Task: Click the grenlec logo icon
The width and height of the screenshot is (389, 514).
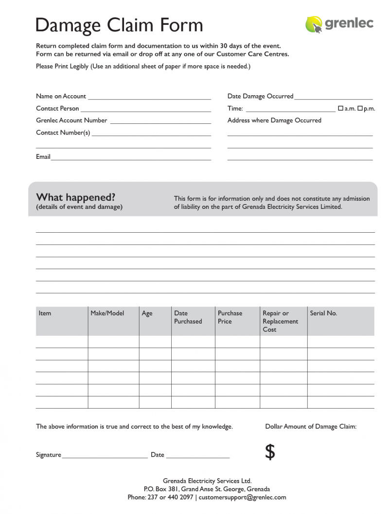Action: click(x=314, y=24)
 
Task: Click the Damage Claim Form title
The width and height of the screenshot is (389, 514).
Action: click(x=119, y=25)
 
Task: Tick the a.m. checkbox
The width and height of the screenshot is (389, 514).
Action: click(x=340, y=108)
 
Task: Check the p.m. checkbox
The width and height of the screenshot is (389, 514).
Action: click(x=360, y=108)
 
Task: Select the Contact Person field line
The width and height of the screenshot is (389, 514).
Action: click(x=145, y=110)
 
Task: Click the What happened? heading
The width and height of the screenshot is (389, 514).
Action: click(x=76, y=197)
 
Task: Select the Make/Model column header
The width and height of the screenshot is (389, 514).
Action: click(x=107, y=313)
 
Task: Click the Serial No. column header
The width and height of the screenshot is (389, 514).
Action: click(x=323, y=313)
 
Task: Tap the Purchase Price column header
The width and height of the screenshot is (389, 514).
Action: click(x=230, y=317)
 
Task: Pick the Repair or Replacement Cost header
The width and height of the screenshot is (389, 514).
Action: click(x=280, y=321)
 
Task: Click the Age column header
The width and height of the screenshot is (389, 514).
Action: click(x=147, y=313)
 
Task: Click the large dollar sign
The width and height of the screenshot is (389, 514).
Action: click(x=270, y=452)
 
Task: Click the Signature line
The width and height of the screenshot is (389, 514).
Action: click(x=105, y=457)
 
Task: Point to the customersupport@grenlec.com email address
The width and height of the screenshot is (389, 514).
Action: click(x=242, y=497)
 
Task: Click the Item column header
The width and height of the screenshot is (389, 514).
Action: click(x=45, y=313)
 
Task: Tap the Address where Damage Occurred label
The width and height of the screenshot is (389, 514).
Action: click(x=274, y=120)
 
